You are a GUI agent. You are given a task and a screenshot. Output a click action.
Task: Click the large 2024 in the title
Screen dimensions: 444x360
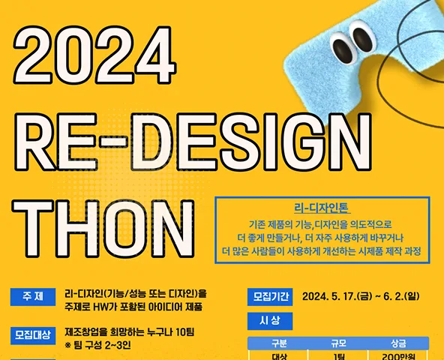94,55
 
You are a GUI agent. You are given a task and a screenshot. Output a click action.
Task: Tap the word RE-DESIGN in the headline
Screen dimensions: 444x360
193,142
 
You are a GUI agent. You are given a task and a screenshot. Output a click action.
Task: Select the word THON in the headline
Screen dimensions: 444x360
103,229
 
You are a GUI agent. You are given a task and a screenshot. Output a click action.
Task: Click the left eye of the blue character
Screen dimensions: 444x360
342,48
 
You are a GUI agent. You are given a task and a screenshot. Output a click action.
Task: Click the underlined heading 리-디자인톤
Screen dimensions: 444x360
322,208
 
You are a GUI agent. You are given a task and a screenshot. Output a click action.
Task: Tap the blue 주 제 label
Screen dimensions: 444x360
33,297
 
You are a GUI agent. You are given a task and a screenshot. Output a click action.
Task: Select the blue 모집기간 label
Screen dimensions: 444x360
270,297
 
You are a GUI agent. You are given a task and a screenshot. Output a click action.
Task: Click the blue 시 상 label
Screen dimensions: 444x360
270,321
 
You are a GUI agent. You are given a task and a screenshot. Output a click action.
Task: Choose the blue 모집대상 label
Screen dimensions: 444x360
33,336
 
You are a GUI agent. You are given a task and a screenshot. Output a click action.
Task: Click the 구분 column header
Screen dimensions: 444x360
279,343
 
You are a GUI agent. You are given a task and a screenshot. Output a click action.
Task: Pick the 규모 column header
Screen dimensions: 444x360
339,343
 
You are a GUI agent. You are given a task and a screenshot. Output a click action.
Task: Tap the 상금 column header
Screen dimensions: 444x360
398,343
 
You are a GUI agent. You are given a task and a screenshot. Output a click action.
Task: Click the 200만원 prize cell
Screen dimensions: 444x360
398,356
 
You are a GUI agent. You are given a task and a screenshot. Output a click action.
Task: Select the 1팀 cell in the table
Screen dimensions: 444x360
339,356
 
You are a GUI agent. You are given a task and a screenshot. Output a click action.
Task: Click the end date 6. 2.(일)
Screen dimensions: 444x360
401,296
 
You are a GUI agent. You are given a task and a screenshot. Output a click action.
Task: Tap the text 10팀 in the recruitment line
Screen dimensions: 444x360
184,332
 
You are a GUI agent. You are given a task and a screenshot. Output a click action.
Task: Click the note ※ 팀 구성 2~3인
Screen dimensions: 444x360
97,345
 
